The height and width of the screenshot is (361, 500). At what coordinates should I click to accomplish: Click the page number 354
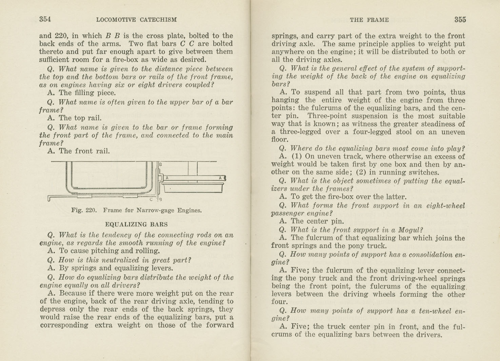click(45, 19)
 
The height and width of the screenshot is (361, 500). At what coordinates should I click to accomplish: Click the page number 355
click(460, 20)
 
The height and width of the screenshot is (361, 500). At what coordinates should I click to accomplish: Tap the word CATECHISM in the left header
click(158, 20)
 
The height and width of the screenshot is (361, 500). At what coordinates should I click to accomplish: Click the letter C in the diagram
click(151, 199)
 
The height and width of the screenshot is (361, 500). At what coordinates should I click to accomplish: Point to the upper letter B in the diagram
click(161, 164)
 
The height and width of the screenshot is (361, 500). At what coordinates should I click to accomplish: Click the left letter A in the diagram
click(167, 178)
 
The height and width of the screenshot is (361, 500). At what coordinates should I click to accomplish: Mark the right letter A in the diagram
click(220, 178)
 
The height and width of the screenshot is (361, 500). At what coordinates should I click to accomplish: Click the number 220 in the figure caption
click(91, 210)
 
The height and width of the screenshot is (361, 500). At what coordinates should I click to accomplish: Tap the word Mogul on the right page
click(408, 230)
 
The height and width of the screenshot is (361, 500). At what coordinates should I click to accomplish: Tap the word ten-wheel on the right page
click(435, 311)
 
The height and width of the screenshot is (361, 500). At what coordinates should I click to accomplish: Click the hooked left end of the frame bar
click(49, 198)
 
